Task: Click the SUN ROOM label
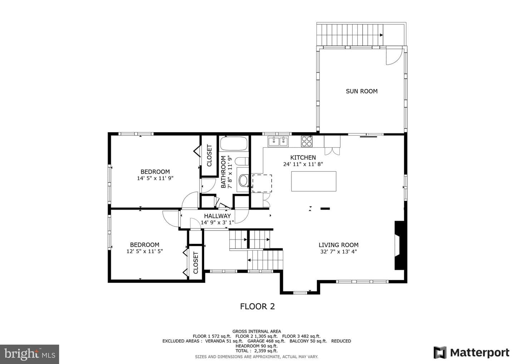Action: tap(362, 91)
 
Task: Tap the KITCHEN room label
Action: tap(303, 157)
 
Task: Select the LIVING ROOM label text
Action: tap(338, 245)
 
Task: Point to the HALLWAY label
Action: tap(217, 216)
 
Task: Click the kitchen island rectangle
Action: tap(314, 181)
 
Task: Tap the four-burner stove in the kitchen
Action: tap(307, 141)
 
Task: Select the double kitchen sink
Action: tap(278, 141)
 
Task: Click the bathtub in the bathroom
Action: tap(234, 144)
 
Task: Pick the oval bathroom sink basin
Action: tap(243, 181)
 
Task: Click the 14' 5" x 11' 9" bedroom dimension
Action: tap(155, 178)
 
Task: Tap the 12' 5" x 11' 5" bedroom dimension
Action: tap(144, 251)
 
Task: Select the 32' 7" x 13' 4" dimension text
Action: tap(338, 252)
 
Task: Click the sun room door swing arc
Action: tap(398, 60)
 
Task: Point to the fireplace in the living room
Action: tap(399, 245)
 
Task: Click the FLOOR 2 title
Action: tap(257, 306)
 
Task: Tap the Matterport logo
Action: tap(471, 353)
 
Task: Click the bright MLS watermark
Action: tap(29, 354)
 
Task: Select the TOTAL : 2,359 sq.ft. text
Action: tap(256, 351)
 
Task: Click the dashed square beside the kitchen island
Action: tap(262, 183)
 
